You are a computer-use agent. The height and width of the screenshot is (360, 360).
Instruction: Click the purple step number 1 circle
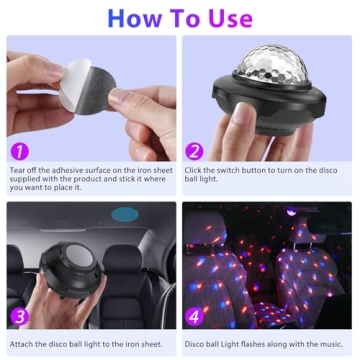18,152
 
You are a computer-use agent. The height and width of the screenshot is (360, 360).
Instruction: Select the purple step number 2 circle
194,152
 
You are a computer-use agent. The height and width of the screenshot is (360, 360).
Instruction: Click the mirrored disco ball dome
269,68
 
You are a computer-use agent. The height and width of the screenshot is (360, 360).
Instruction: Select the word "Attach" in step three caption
22,345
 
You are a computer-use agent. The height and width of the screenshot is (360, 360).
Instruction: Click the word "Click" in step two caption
194,171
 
